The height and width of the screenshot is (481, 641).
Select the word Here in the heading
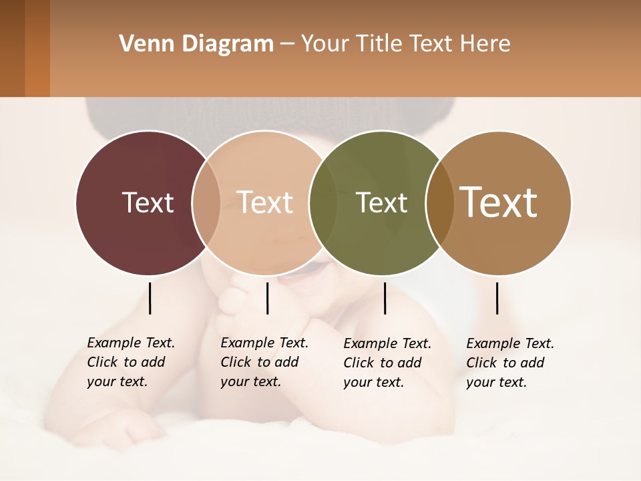pyautogui.click(x=485, y=44)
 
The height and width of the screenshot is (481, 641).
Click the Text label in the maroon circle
pyautogui.click(x=148, y=202)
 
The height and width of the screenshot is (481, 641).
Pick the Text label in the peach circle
pyautogui.click(x=265, y=202)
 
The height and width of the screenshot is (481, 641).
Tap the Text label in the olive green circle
pyautogui.click(x=381, y=202)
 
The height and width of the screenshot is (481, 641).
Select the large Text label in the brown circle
pyautogui.click(x=499, y=202)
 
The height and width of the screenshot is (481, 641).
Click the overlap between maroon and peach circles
pyautogui.click(x=206, y=202)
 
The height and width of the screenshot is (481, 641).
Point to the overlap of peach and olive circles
pyautogui.click(x=323, y=202)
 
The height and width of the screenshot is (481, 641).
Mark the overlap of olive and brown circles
pyautogui.click(x=439, y=202)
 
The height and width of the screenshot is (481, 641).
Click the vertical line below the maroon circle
pyautogui.click(x=150, y=298)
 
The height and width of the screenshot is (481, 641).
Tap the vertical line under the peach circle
pyautogui.click(x=267, y=298)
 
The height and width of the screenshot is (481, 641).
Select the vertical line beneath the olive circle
pyautogui.click(x=385, y=298)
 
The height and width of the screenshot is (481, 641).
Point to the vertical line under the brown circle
pyautogui.click(x=497, y=298)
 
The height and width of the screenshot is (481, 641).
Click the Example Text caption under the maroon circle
pyautogui.click(x=130, y=362)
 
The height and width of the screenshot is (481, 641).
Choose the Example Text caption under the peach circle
pyautogui.click(x=264, y=362)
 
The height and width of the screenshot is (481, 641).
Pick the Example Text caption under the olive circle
pyautogui.click(x=387, y=363)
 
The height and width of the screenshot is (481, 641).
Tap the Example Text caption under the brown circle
pyautogui.click(x=509, y=363)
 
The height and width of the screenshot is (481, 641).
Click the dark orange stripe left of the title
pyautogui.click(x=37, y=48)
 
